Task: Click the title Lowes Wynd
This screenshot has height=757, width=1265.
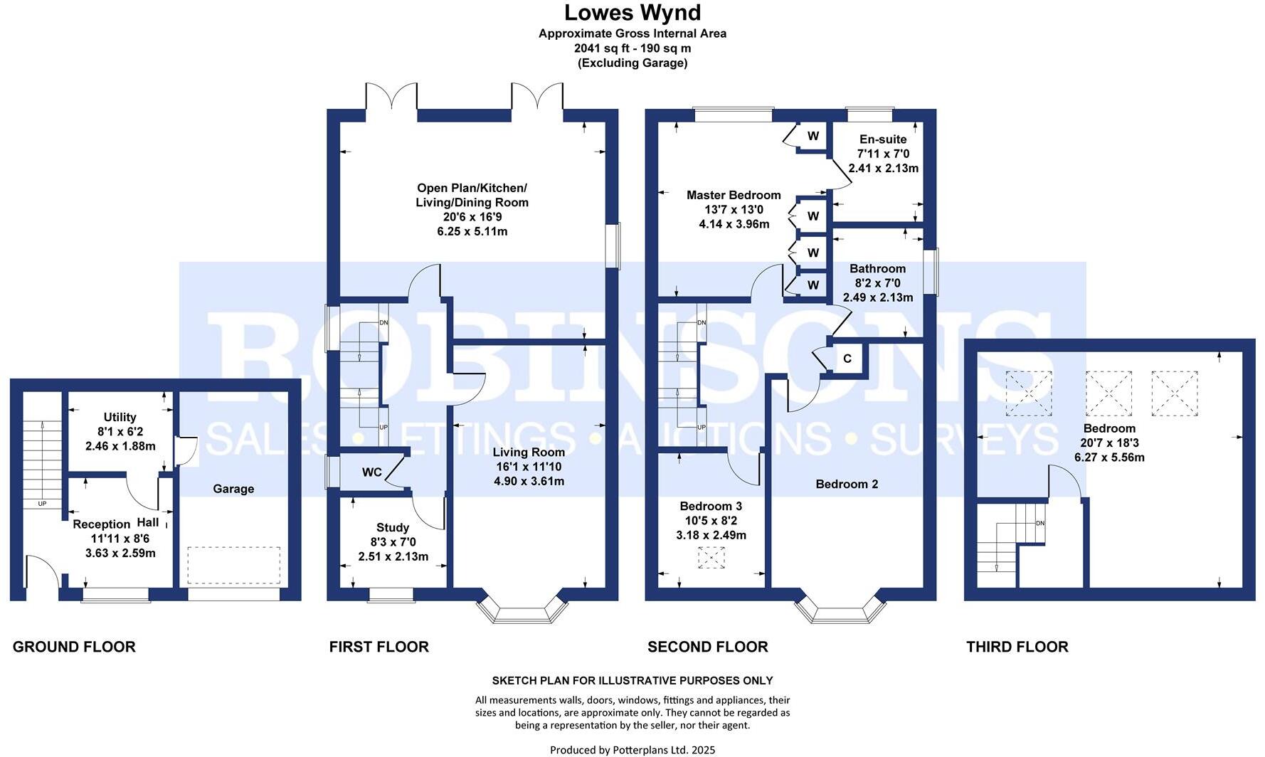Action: [632, 12]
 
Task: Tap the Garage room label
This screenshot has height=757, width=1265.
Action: [233, 489]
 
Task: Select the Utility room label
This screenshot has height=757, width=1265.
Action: [120, 417]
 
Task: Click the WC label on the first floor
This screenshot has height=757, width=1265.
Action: [372, 472]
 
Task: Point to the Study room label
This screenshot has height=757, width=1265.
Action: [393, 527]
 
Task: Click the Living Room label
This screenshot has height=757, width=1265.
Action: [529, 452]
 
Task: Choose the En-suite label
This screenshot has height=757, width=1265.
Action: [883, 139]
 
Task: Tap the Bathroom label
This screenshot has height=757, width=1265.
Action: [877, 268]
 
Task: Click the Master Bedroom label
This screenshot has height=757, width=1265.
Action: [734, 195]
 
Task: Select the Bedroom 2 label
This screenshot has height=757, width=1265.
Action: [847, 484]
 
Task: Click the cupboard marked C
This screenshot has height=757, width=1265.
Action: [847, 359]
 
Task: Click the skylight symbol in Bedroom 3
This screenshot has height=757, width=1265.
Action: [711, 558]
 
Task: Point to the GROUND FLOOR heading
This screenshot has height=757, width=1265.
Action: [74, 647]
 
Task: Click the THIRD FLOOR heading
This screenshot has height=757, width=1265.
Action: [1017, 647]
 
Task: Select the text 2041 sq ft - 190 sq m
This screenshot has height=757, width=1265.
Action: [632, 48]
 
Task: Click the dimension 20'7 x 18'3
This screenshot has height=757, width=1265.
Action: [1109, 443]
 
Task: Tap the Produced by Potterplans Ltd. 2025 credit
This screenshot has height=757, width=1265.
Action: [632, 750]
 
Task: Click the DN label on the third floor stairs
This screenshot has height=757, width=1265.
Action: [1040, 524]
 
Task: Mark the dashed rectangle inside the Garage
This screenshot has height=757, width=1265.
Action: [234, 565]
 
